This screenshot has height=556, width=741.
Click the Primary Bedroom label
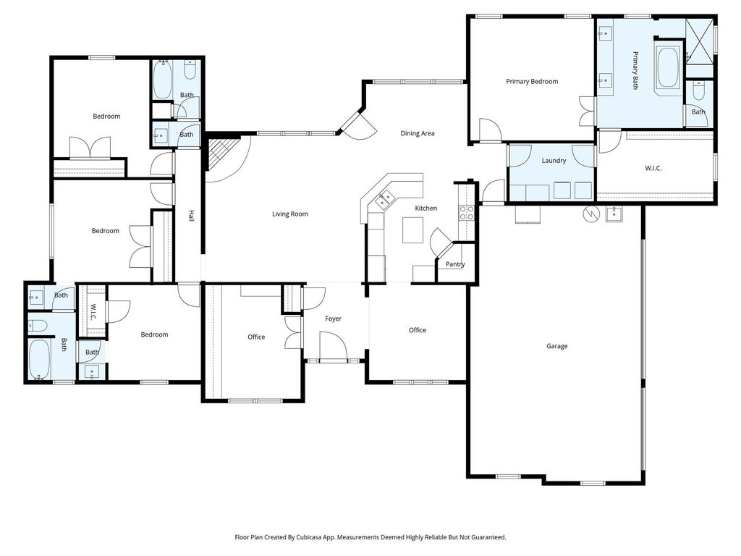[532, 81]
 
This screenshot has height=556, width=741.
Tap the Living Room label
[289, 214]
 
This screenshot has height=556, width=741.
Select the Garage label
[556, 346]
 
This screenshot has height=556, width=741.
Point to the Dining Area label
[418, 133]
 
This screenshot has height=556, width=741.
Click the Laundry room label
[554, 161]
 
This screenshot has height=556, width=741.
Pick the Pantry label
[455, 264]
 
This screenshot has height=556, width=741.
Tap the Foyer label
[333, 319]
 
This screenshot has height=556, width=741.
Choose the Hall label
[191, 216]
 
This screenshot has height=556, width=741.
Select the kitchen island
[412, 229]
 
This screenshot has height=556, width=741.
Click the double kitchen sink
[384, 199]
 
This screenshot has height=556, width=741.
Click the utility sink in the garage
[614, 214]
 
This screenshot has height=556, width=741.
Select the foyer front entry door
[333, 346]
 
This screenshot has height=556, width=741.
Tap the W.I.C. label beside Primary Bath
[653, 168]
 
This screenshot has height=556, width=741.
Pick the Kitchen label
[425, 208]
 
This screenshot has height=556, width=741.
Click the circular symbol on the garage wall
[590, 214]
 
